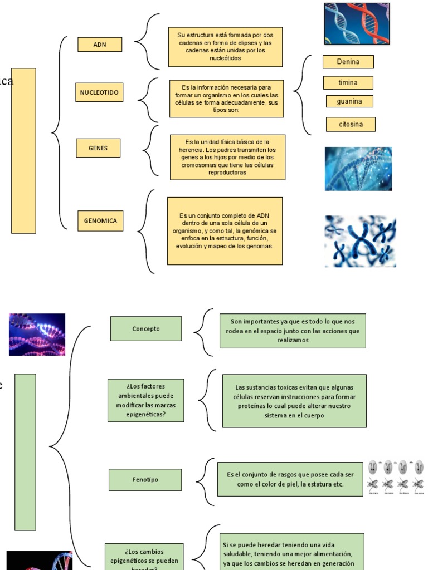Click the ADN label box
coord(100,45)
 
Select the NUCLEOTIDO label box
coord(99,92)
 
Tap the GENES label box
coord(98,148)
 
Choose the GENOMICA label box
coord(100,220)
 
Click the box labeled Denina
coord(348,62)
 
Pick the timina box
coord(348,83)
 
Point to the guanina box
coord(349,101)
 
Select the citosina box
coord(351,124)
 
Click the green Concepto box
coord(146,328)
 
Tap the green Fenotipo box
coord(145,479)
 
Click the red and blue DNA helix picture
coord(357,23)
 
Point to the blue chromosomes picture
coord(360,241)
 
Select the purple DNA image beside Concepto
coord(37,334)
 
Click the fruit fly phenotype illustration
coord(396,478)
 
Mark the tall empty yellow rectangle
coord(23,150)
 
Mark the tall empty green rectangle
coord(25,451)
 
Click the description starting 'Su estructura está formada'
coord(225,47)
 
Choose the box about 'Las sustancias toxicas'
coord(294,401)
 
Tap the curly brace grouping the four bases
coord(301,95)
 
